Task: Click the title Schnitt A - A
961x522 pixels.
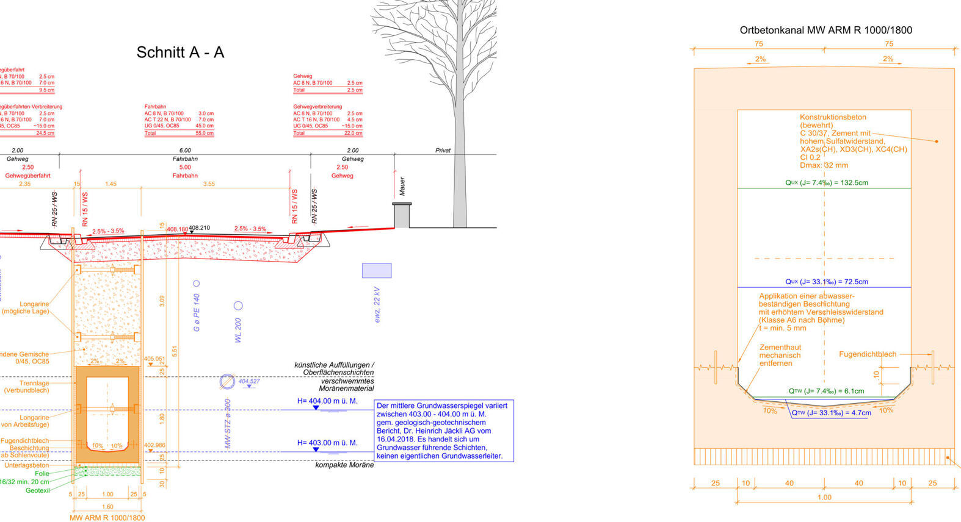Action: tap(180, 52)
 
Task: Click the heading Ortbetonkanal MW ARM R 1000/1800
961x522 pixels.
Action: tap(825, 30)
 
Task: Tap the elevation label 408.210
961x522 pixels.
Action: tap(199, 228)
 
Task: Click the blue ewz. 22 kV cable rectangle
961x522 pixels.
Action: tap(377, 270)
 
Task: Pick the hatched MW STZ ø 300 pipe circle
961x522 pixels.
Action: tap(227, 382)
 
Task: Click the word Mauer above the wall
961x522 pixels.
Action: tap(402, 187)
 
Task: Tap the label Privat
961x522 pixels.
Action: tap(443, 150)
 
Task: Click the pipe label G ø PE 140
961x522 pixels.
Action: tap(197, 313)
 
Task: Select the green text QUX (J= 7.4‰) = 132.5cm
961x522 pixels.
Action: tap(827, 182)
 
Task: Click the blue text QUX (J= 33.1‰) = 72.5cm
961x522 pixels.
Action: tap(827, 282)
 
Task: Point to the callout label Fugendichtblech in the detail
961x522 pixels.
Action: tap(868, 354)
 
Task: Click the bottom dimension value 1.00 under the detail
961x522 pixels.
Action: tap(824, 497)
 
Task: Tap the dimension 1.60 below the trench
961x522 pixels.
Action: tap(107, 507)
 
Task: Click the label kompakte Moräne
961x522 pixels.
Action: tap(344, 465)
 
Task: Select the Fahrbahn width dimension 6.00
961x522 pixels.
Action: tap(185, 150)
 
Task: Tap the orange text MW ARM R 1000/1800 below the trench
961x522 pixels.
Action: tap(107, 518)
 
